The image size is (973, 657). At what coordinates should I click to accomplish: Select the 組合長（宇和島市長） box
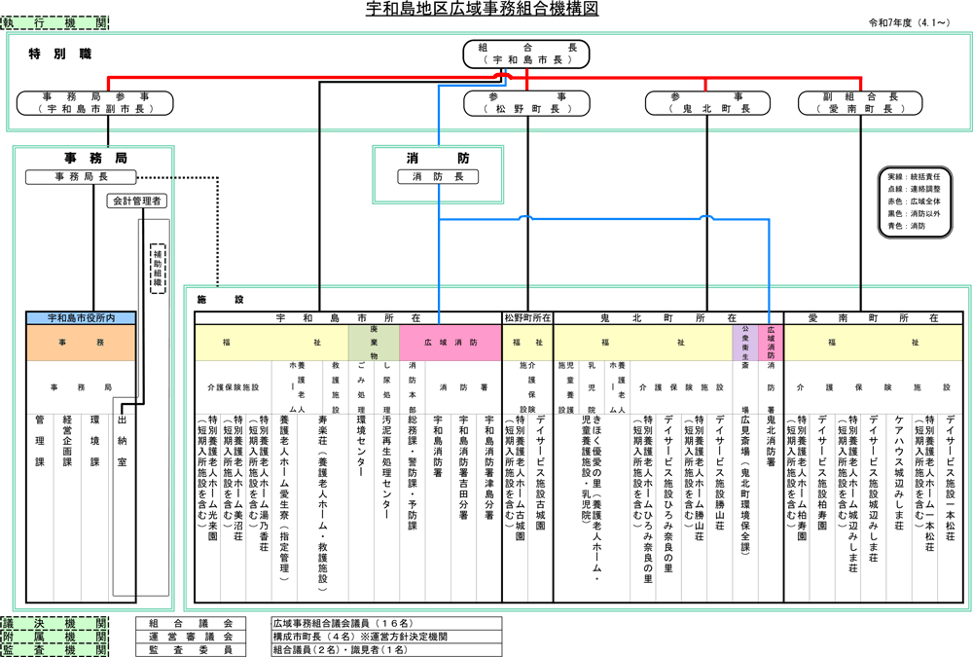coord(527,53)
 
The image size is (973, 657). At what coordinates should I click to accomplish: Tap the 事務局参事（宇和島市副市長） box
coord(95,103)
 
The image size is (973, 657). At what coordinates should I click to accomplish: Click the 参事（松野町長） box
coord(527,103)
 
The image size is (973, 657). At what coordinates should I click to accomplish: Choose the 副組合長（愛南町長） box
coord(861,103)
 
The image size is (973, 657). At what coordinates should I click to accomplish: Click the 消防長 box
coord(438,176)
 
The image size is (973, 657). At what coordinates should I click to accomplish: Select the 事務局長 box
coord(81,176)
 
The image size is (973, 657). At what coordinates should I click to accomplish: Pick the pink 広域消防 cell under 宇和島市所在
coord(450,343)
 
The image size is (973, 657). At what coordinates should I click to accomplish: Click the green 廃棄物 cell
coord(374,343)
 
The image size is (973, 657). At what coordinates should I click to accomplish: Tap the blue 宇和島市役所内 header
coord(81,318)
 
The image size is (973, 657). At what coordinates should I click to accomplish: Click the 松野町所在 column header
coord(527,318)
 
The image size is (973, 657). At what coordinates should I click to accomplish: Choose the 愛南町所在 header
coord(873,318)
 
